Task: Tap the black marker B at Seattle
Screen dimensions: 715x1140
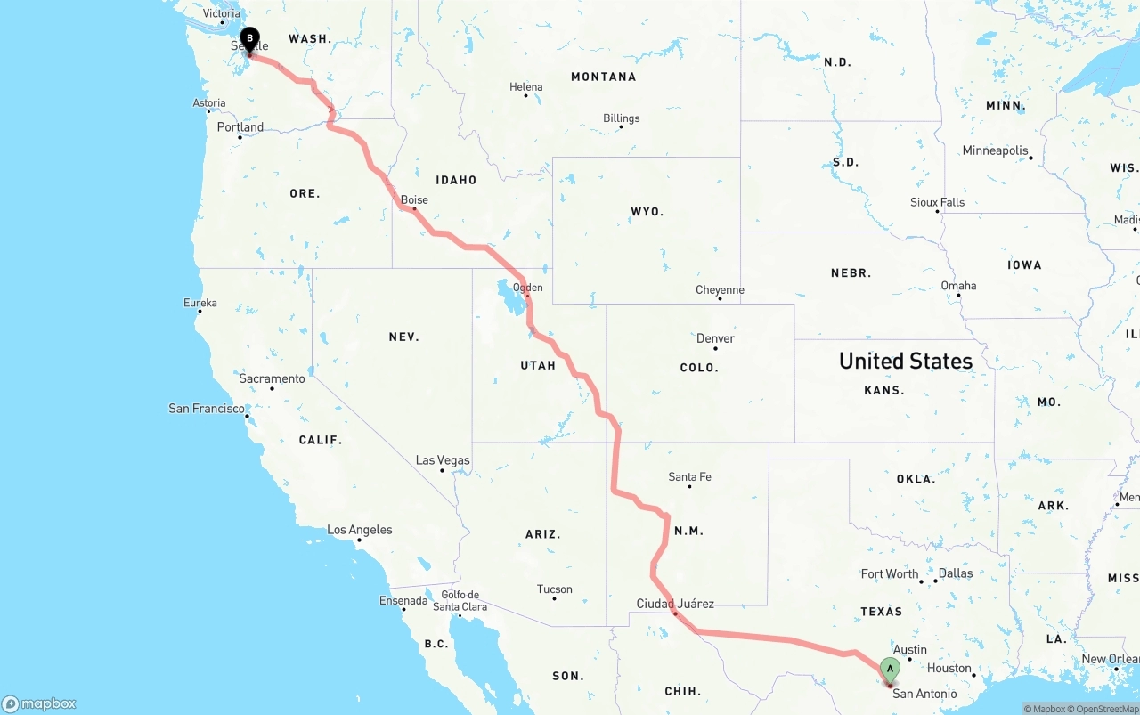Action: point(250,40)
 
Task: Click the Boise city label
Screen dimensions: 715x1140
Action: point(414,200)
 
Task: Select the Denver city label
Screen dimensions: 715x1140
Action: point(715,338)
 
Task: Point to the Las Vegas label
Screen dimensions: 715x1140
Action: point(443,460)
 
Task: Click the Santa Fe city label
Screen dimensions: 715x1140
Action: point(689,477)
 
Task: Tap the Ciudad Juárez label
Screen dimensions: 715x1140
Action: point(674,604)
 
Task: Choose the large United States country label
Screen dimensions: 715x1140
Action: point(905,361)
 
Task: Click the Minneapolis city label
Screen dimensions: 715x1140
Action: point(995,150)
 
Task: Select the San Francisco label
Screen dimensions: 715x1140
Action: point(207,409)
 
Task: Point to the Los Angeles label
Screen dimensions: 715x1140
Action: point(359,530)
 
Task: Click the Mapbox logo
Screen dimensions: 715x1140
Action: point(39,703)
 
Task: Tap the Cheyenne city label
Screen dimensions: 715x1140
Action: point(720,290)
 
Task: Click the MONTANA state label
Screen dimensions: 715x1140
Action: point(603,77)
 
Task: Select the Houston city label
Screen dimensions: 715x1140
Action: point(949,668)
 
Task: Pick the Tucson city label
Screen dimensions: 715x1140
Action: point(554,589)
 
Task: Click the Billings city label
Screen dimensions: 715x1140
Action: point(621,118)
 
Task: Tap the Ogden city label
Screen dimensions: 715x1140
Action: point(528,288)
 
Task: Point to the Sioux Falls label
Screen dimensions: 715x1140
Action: point(937,202)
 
